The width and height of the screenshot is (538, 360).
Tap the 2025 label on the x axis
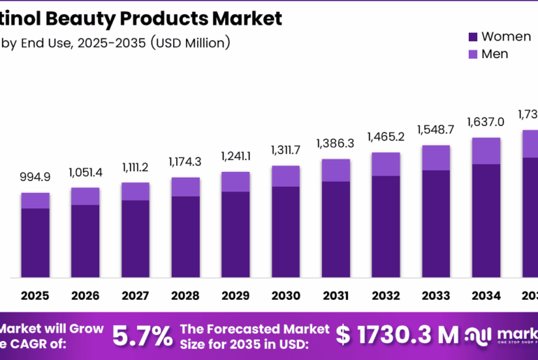(35, 296)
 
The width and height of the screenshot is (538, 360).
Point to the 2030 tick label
(285, 296)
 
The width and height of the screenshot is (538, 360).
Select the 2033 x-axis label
(435, 296)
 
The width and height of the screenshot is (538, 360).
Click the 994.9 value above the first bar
(35, 178)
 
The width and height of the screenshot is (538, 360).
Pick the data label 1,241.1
(235, 157)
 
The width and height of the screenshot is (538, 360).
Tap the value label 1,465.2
(386, 137)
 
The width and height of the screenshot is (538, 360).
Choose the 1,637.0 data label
(486, 122)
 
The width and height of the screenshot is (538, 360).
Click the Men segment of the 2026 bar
(85, 196)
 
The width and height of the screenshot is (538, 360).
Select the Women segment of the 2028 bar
(185, 236)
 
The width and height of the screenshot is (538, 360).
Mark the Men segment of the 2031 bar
(335, 170)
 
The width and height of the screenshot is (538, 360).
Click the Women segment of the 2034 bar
(486, 220)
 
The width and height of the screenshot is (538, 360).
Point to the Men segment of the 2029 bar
(235, 181)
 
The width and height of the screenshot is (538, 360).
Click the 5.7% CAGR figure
(143, 336)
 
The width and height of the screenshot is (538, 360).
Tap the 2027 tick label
(135, 296)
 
